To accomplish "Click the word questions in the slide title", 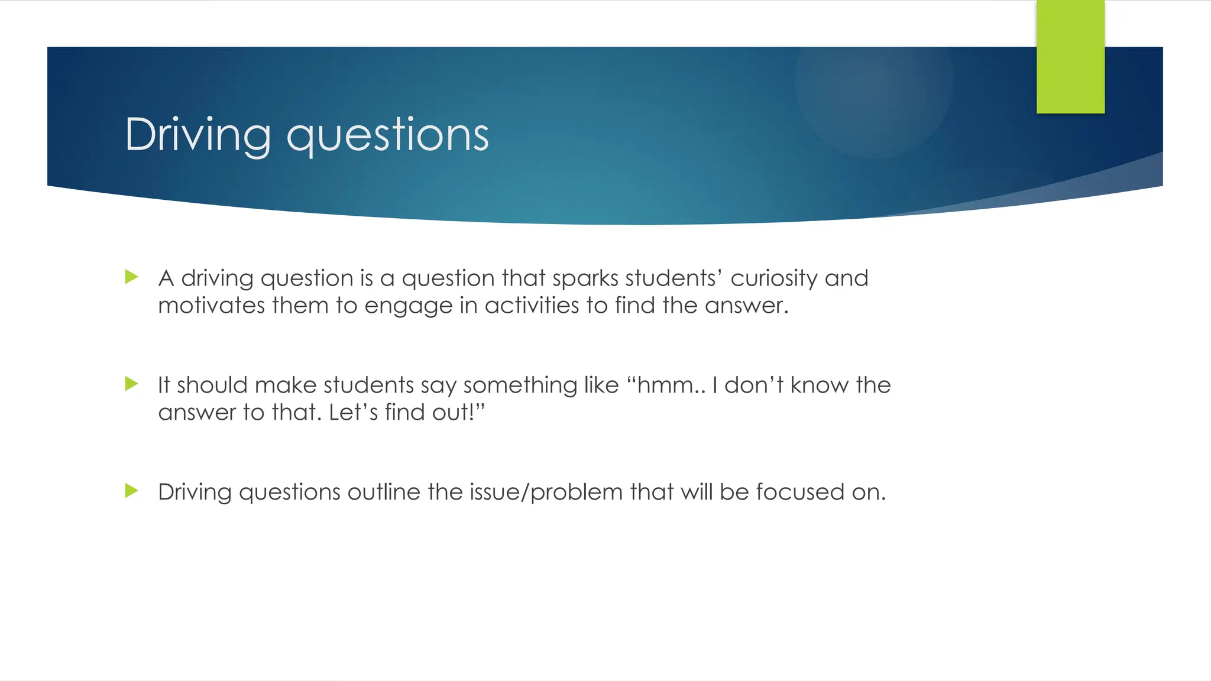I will click(387, 136).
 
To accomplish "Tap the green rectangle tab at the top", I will click(1070, 57).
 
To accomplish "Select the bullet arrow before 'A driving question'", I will click(132, 277).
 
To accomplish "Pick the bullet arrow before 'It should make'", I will click(132, 384).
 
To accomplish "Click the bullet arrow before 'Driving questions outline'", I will click(132, 491).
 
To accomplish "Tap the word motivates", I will click(211, 306).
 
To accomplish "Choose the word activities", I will click(532, 306).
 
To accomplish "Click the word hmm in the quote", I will click(665, 385).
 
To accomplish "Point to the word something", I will click(520, 385).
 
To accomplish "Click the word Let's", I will click(353, 413).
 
